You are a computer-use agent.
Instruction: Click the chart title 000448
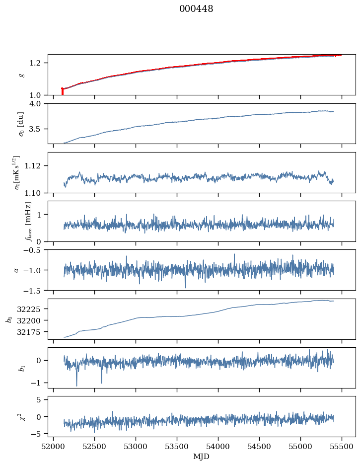pyautogui.click(x=196, y=9)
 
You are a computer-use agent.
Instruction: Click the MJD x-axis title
pyautogui.click(x=202, y=456)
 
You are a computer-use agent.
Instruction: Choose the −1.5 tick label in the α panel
pyautogui.click(x=35, y=290)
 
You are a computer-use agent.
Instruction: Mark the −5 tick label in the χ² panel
pyautogui.click(x=40, y=434)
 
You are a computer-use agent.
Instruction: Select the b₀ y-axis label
pyautogui.click(x=9, y=319)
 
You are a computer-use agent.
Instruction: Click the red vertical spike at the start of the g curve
pyautogui.click(x=62, y=91)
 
